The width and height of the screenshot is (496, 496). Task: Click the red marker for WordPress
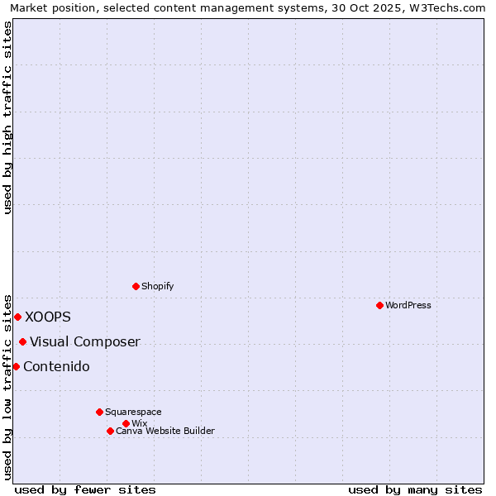[x=379, y=305]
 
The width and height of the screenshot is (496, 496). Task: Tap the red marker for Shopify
[x=136, y=286]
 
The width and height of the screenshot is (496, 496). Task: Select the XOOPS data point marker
[x=17, y=317]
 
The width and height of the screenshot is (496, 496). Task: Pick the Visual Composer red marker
[x=22, y=341]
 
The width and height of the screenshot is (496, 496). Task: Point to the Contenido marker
[x=16, y=366]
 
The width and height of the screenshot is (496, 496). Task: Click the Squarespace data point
[x=99, y=412]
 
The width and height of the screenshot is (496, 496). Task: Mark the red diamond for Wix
[x=126, y=423]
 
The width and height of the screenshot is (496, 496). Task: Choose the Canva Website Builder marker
[x=110, y=431]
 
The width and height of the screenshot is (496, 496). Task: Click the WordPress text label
[x=408, y=305]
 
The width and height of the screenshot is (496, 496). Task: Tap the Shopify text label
[x=157, y=286]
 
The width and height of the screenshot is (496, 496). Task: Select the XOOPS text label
[x=48, y=317]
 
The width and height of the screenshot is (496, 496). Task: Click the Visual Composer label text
[x=85, y=341]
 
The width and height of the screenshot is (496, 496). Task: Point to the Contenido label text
[x=56, y=366]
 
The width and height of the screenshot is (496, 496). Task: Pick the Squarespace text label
[x=133, y=412]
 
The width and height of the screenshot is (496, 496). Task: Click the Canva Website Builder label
[x=165, y=431]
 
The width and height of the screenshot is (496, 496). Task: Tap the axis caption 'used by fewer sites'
[x=85, y=489]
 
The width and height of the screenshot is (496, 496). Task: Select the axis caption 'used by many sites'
[x=415, y=489]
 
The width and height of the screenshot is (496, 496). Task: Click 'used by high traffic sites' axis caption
[x=7, y=117]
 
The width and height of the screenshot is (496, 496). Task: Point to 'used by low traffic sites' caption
[x=7, y=387]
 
